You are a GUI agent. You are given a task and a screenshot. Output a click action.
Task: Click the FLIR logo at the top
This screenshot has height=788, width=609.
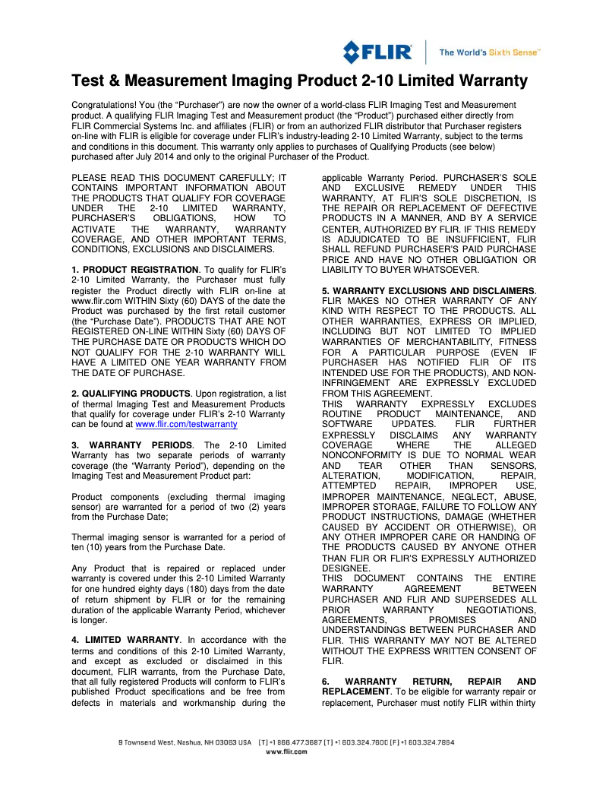tap(377, 52)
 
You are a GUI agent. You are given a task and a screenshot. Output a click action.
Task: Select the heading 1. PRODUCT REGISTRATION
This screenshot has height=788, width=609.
tap(134, 270)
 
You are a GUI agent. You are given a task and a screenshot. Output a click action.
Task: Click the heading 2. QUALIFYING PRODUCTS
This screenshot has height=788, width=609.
tap(131, 393)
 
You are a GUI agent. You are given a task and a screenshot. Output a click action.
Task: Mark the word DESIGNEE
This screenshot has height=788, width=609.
tap(347, 568)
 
